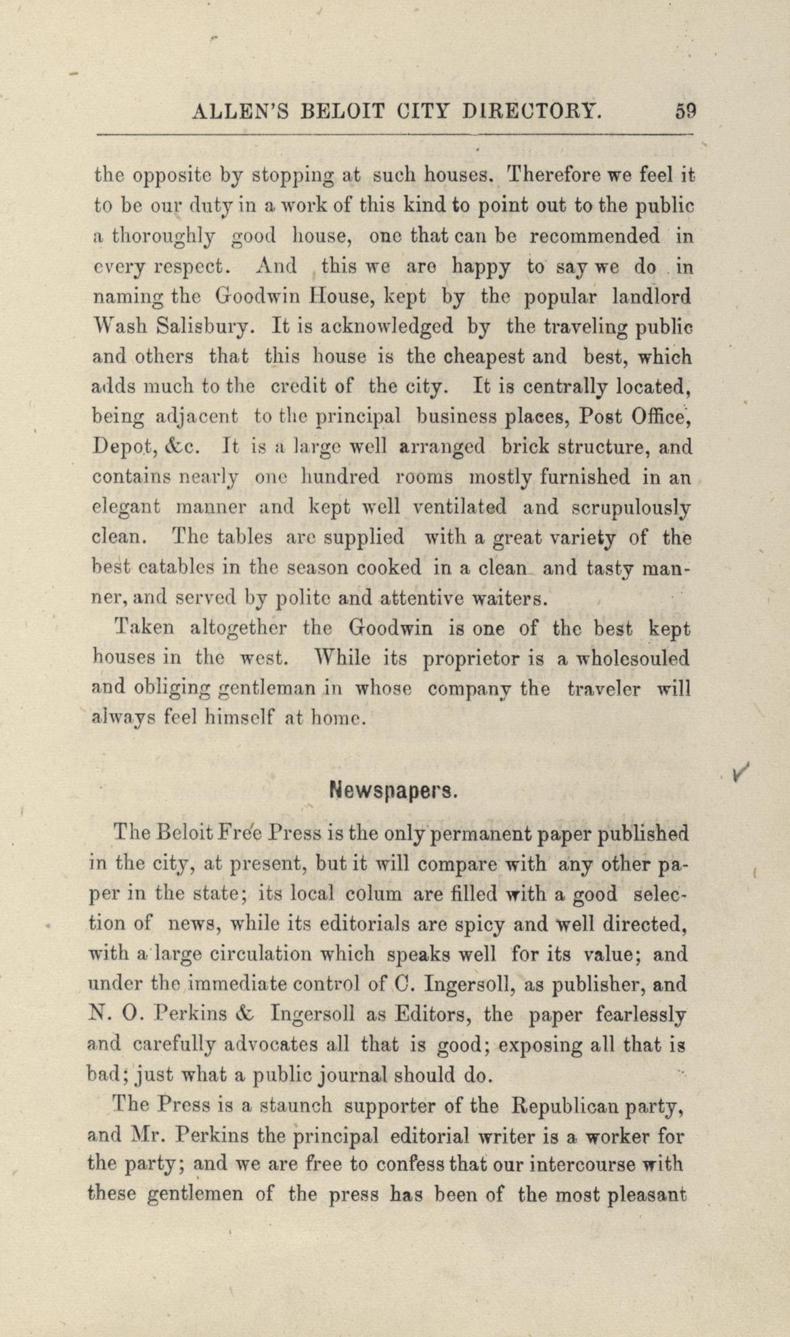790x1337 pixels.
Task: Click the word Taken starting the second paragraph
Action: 145,628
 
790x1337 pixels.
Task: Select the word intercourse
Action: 583,1166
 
